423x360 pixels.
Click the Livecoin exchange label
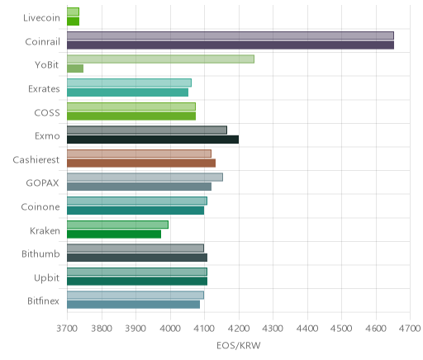click(41, 18)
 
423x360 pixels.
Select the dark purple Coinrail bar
click(231, 45)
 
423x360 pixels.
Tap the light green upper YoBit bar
click(160, 59)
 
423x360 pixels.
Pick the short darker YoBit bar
click(75, 69)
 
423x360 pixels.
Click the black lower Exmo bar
click(153, 140)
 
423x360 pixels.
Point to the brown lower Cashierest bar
click(141, 163)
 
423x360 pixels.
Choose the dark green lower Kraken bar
click(114, 234)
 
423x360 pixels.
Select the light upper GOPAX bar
click(145, 178)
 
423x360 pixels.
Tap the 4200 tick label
click(239, 329)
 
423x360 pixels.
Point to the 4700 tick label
click(410, 329)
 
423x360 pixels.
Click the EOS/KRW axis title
click(239, 345)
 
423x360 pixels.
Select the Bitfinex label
click(43, 301)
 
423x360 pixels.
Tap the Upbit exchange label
click(46, 278)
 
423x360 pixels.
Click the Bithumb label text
click(40, 253)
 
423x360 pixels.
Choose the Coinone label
click(40, 206)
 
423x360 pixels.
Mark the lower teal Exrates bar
click(128, 92)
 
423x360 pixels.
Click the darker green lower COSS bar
click(131, 116)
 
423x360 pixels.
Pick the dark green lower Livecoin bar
click(74, 21)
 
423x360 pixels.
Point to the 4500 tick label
click(341, 329)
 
